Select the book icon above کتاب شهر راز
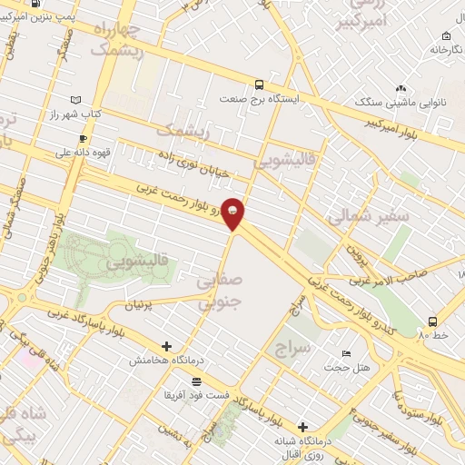click(x=75, y=99)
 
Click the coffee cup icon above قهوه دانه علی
click(x=83, y=138)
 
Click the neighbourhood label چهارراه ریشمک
click(x=136, y=39)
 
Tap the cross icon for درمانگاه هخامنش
click(x=166, y=346)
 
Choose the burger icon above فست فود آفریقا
click(x=196, y=381)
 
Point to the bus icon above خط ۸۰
click(x=432, y=322)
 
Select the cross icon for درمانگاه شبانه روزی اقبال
click(x=302, y=425)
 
